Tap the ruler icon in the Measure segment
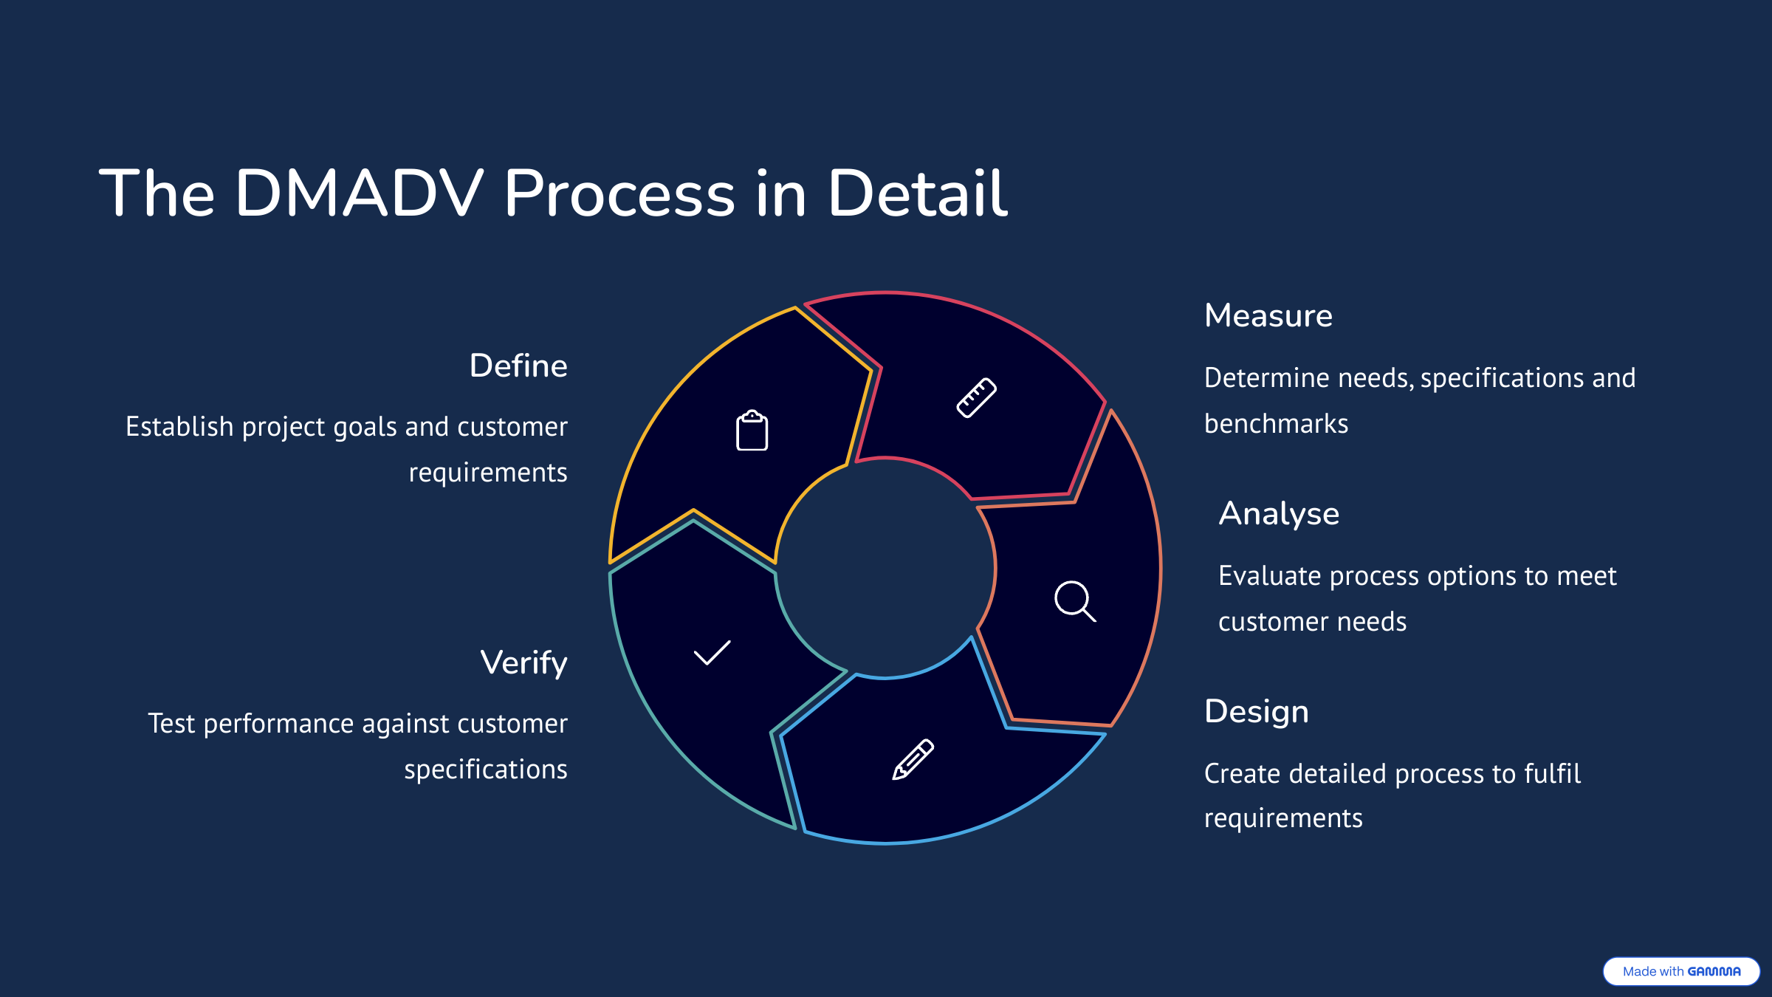click(976, 398)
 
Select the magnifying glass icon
click(1075, 601)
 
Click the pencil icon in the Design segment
click(913, 759)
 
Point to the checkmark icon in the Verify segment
click(712, 653)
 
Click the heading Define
click(518, 366)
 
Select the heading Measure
click(1268, 315)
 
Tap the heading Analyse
click(1279, 513)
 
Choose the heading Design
click(1256, 711)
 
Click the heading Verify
click(523, 662)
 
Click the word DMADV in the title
click(359, 193)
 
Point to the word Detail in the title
click(917, 193)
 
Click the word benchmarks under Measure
click(1276, 424)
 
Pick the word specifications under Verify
click(486, 770)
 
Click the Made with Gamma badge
click(1681, 971)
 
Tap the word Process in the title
click(619, 193)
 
